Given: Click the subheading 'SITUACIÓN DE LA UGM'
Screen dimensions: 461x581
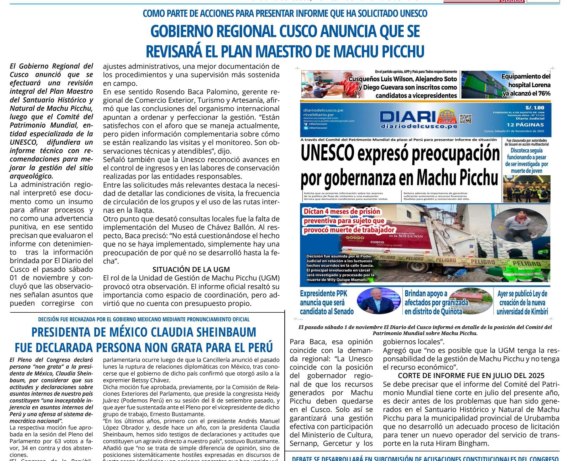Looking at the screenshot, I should [191, 269].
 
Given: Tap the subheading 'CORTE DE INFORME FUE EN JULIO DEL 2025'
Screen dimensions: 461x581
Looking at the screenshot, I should [471, 376].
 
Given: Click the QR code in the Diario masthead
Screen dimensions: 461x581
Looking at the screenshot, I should [465, 119].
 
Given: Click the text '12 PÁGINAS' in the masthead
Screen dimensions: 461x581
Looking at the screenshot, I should [525, 125].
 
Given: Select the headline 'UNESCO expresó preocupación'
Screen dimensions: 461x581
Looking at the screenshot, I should [400, 154].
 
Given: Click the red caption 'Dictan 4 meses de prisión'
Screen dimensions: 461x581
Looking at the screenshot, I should [342, 212].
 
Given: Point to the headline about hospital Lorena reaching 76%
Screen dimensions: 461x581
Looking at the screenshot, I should [526, 85].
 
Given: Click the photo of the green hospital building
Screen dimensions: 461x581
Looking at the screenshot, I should [480, 84].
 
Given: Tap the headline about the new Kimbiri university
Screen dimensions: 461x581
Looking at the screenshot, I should [522, 303].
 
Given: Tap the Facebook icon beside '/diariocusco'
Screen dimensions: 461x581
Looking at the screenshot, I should [306, 124].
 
